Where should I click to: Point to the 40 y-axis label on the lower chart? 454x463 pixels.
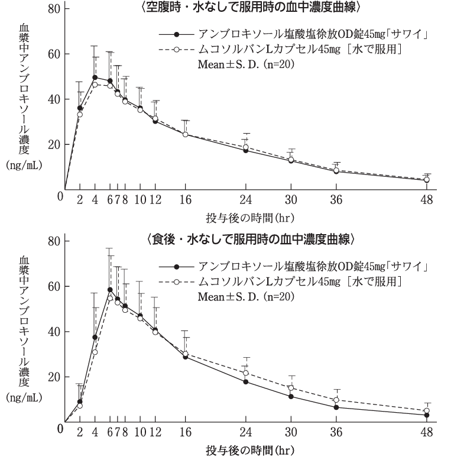click(x=54, y=332)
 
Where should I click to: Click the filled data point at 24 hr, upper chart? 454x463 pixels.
click(x=245, y=150)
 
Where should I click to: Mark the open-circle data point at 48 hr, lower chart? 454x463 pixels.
click(x=426, y=410)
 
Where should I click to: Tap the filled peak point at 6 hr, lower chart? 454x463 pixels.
click(x=109, y=290)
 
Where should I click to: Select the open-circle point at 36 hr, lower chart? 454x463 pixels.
click(x=336, y=400)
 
